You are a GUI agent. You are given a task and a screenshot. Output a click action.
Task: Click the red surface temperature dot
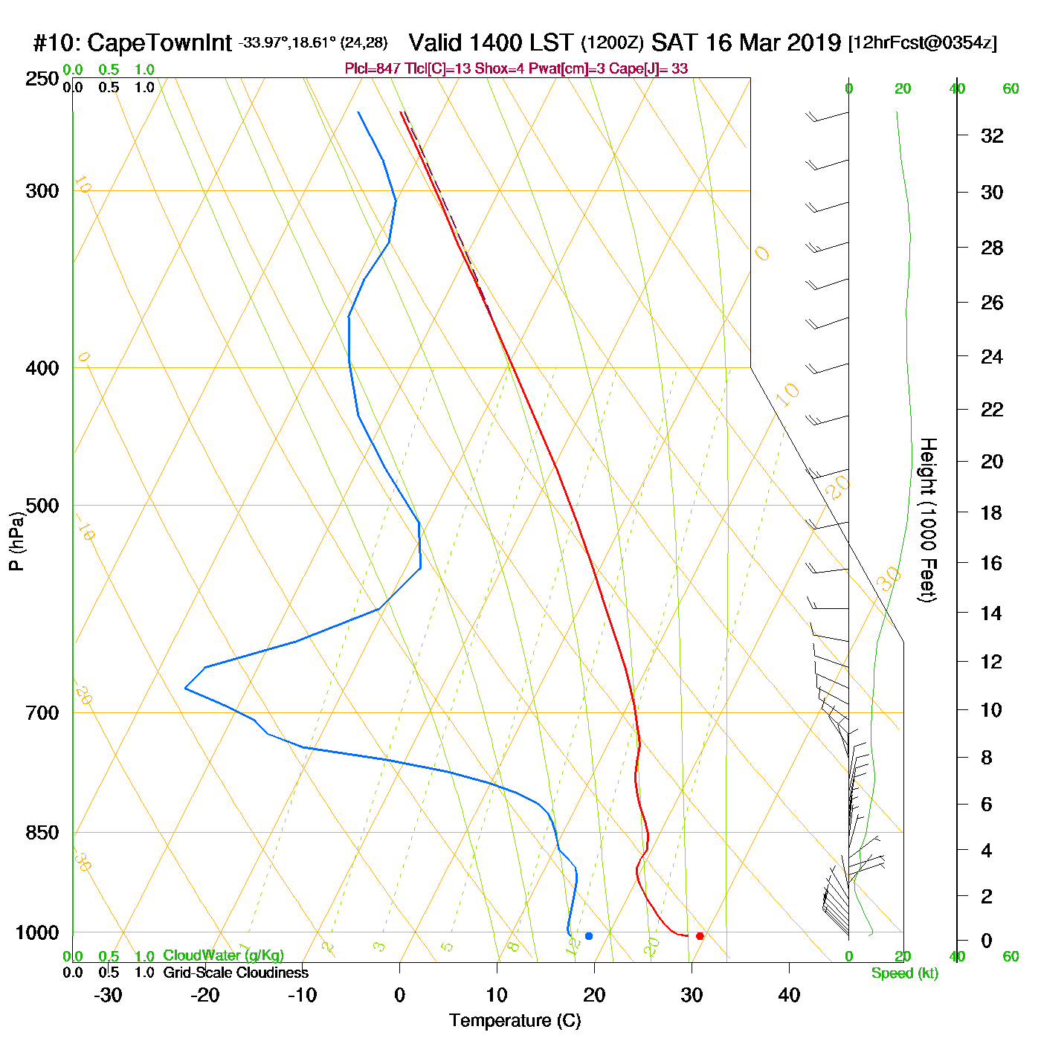pos(700,936)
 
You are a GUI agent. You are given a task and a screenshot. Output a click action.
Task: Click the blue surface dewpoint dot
pos(589,936)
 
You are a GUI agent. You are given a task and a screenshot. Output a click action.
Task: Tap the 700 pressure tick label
pos(42,713)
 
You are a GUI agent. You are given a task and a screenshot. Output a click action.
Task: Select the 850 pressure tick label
pos(42,833)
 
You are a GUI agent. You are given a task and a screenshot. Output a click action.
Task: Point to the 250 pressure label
pos(42,79)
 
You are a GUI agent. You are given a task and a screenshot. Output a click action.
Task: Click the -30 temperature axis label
pos(108,995)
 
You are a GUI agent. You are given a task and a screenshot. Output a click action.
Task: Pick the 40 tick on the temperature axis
pos(789,995)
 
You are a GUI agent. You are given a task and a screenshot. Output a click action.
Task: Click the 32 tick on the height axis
pos(992,136)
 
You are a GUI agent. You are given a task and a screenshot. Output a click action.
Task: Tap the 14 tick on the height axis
pos(992,613)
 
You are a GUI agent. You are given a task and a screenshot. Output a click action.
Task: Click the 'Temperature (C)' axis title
pos(515,1021)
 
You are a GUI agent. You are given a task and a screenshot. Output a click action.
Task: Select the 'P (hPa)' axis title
pos(16,541)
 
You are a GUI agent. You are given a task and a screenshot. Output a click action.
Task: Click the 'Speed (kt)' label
pos(904,973)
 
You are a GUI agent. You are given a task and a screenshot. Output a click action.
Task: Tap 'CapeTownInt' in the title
pos(160,43)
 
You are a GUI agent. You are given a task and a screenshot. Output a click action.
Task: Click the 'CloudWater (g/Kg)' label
pos(223,955)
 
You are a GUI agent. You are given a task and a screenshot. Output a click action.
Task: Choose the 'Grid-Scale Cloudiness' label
pos(236,973)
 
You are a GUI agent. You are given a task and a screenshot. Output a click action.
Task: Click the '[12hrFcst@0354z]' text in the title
pos(923,43)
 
